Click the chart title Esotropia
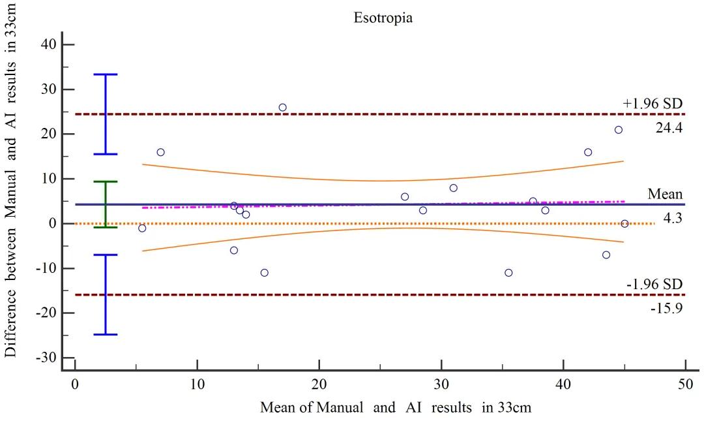pos(383,18)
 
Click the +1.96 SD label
pos(652,103)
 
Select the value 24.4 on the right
pos(668,128)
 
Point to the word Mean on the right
pos(665,194)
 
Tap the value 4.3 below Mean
pos(672,219)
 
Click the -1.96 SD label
pos(653,284)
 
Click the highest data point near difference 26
pos(282,107)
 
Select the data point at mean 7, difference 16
pos(160,152)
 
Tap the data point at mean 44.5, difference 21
pos(618,130)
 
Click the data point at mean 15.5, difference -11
pos(264,273)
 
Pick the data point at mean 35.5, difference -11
pos(508,273)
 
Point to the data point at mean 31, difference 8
pos(453,188)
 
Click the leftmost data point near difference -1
pos(142,228)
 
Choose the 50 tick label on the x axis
pos(685,384)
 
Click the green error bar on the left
pos(106,204)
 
